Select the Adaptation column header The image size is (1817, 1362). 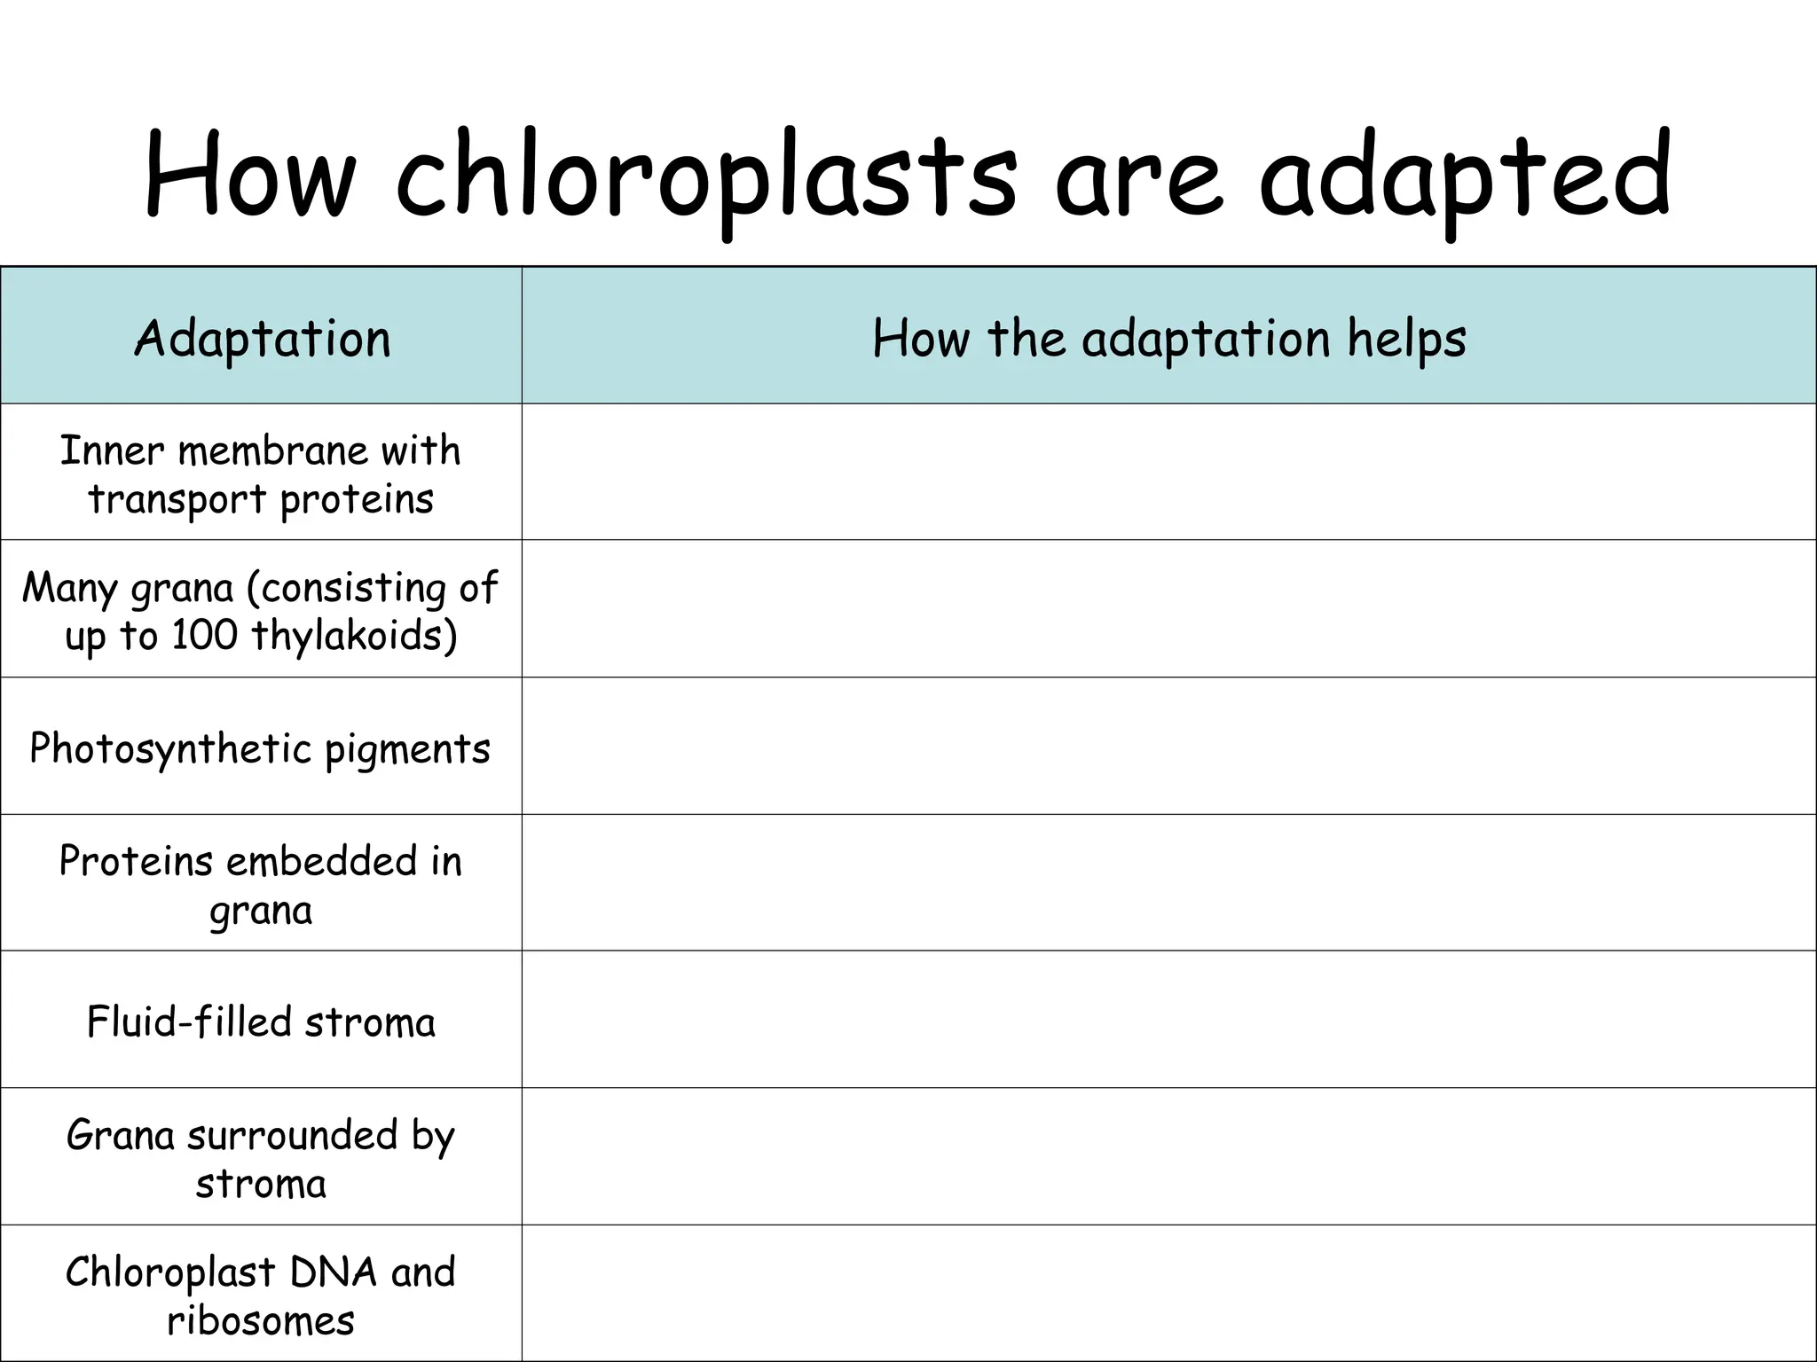tap(262, 339)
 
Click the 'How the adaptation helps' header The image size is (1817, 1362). tap(1168, 339)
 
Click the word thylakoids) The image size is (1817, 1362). tap(354, 635)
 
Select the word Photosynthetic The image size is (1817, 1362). tap(170, 748)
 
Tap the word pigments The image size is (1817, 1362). tap(407, 748)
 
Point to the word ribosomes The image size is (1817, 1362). tap(261, 1320)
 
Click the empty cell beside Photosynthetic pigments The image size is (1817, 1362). tap(1168, 746)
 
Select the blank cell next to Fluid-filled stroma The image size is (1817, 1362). tap(1168, 1020)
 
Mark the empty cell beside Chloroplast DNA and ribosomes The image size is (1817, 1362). tap(1168, 1293)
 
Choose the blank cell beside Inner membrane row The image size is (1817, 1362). tap(1168, 472)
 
